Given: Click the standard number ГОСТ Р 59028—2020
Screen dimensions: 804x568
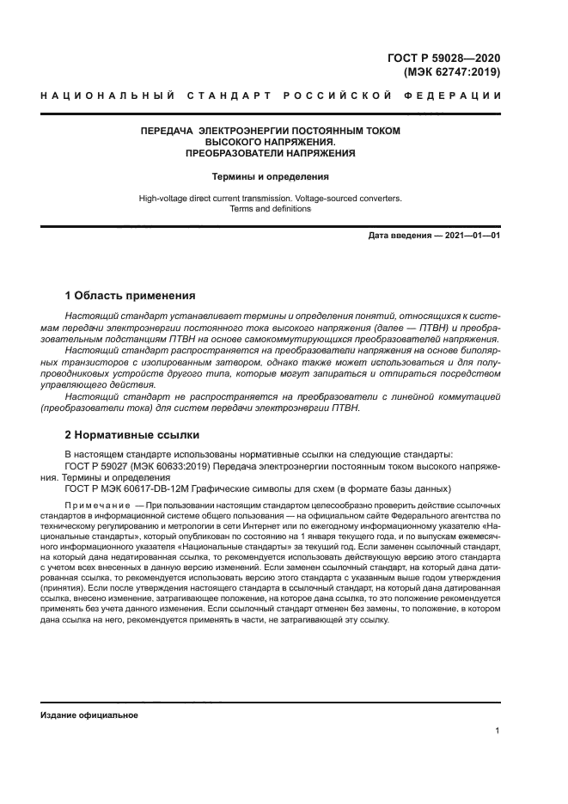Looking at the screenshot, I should [444, 58].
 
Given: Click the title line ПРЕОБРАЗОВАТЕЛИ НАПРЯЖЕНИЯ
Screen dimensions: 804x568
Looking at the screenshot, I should [271, 153].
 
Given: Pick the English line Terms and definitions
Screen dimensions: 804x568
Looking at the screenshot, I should [271, 209].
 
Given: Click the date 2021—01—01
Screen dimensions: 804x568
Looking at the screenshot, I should [472, 235].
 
